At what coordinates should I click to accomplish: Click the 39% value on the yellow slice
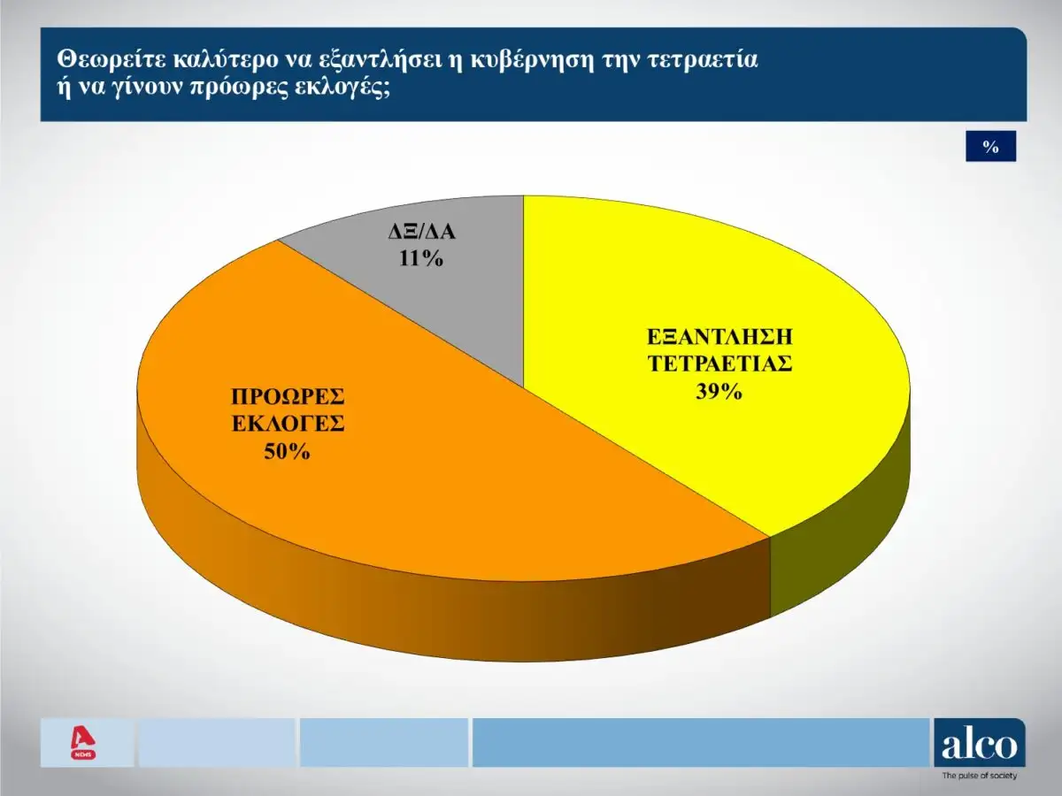click(x=718, y=391)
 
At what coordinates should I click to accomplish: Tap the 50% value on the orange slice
click(x=286, y=451)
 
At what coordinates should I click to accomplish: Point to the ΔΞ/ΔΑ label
click(x=420, y=233)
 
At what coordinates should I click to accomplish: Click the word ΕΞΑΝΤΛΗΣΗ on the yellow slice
click(x=718, y=337)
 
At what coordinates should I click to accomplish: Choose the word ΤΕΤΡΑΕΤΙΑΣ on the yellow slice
click(x=718, y=364)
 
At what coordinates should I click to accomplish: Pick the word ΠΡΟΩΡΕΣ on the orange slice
click(x=288, y=395)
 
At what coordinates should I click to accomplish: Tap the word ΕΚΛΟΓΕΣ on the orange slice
click(x=288, y=423)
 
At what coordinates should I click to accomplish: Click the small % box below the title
click(x=990, y=147)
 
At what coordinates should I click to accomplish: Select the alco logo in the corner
click(x=980, y=744)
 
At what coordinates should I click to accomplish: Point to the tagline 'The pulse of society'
click(x=979, y=776)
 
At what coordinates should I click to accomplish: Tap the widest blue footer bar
click(x=700, y=743)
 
